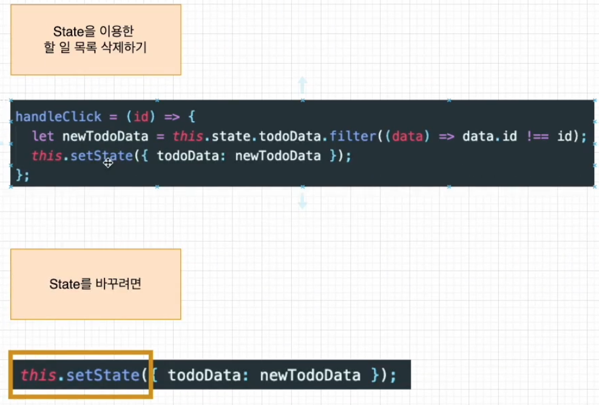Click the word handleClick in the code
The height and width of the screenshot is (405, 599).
coord(58,116)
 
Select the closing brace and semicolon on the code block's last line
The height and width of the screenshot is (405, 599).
coord(23,175)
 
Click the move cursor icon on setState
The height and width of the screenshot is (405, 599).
coord(108,162)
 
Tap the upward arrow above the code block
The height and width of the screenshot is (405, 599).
coord(302,84)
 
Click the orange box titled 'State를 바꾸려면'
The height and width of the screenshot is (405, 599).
coord(95,284)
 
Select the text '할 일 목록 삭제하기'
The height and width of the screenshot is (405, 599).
coord(95,48)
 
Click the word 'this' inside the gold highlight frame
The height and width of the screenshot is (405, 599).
coord(38,375)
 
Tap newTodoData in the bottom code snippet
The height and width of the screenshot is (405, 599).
coord(310,375)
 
